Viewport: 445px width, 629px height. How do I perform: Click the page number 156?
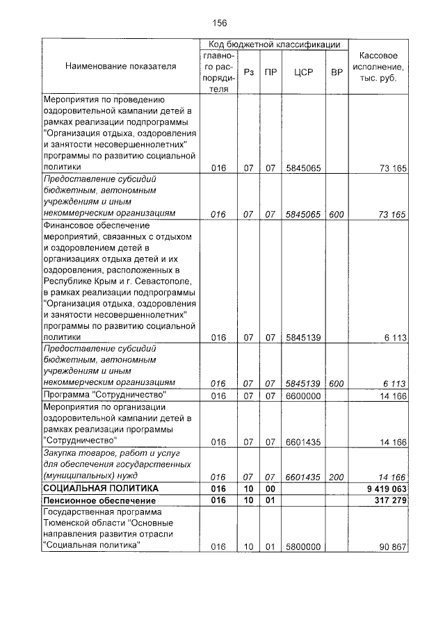coord(220,23)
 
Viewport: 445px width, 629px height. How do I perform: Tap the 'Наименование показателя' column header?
coord(120,67)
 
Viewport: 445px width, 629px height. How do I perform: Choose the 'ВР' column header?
coord(337,72)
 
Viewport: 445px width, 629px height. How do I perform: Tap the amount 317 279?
coord(389,500)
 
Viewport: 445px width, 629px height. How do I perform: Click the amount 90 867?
coord(391,546)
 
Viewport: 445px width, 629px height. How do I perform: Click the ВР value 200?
coord(337,477)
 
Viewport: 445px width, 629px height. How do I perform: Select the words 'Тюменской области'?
coord(83,523)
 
